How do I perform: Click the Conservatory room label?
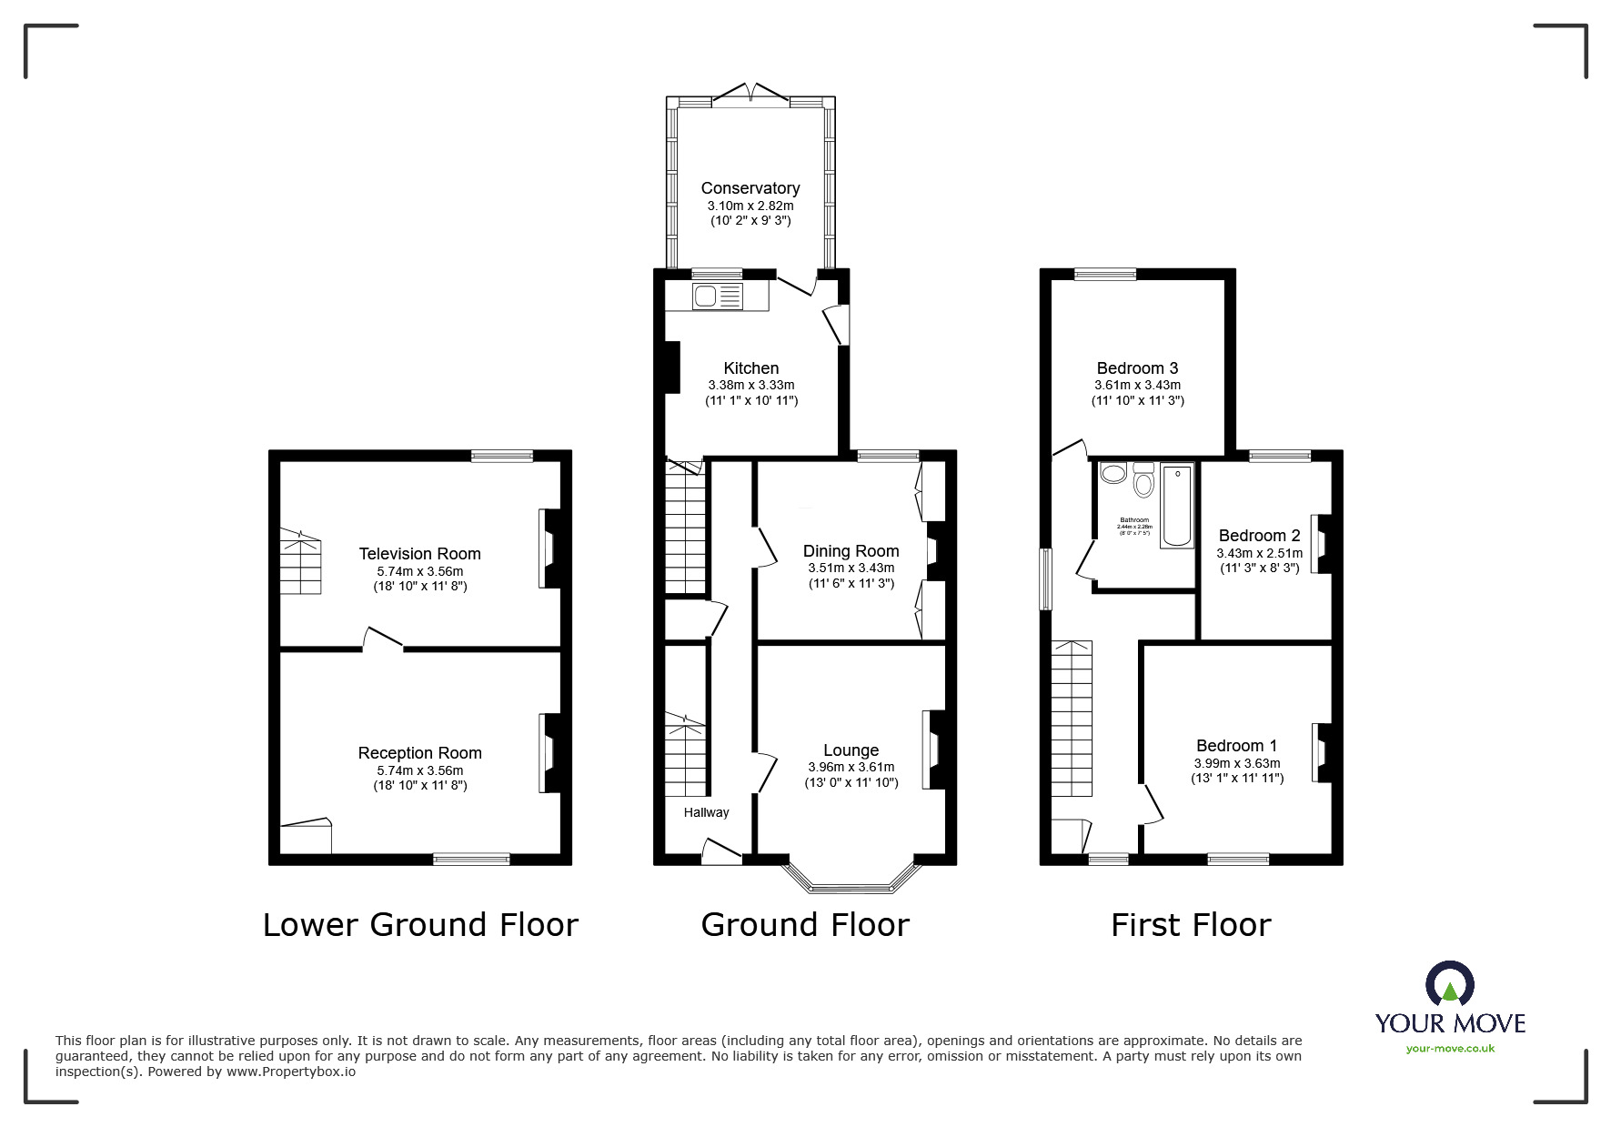[750, 188]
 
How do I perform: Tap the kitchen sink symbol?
[718, 295]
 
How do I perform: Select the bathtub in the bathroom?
[1176, 506]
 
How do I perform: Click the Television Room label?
[419, 554]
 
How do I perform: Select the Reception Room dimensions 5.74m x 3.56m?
[419, 770]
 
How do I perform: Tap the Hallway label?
[706, 812]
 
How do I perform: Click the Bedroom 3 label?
[1137, 368]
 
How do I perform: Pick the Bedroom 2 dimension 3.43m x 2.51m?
[1259, 553]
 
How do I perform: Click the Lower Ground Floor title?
[420, 925]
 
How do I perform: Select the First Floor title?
[1190, 925]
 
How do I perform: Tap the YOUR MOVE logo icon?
[1449, 985]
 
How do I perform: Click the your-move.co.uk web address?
[1450, 1049]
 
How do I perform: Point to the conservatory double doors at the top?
[750, 94]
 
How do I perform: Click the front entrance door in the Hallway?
[720, 851]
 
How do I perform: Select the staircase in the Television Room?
[299, 563]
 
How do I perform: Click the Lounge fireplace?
[932, 749]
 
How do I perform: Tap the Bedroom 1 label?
[1236, 746]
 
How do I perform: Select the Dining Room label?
[851, 551]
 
